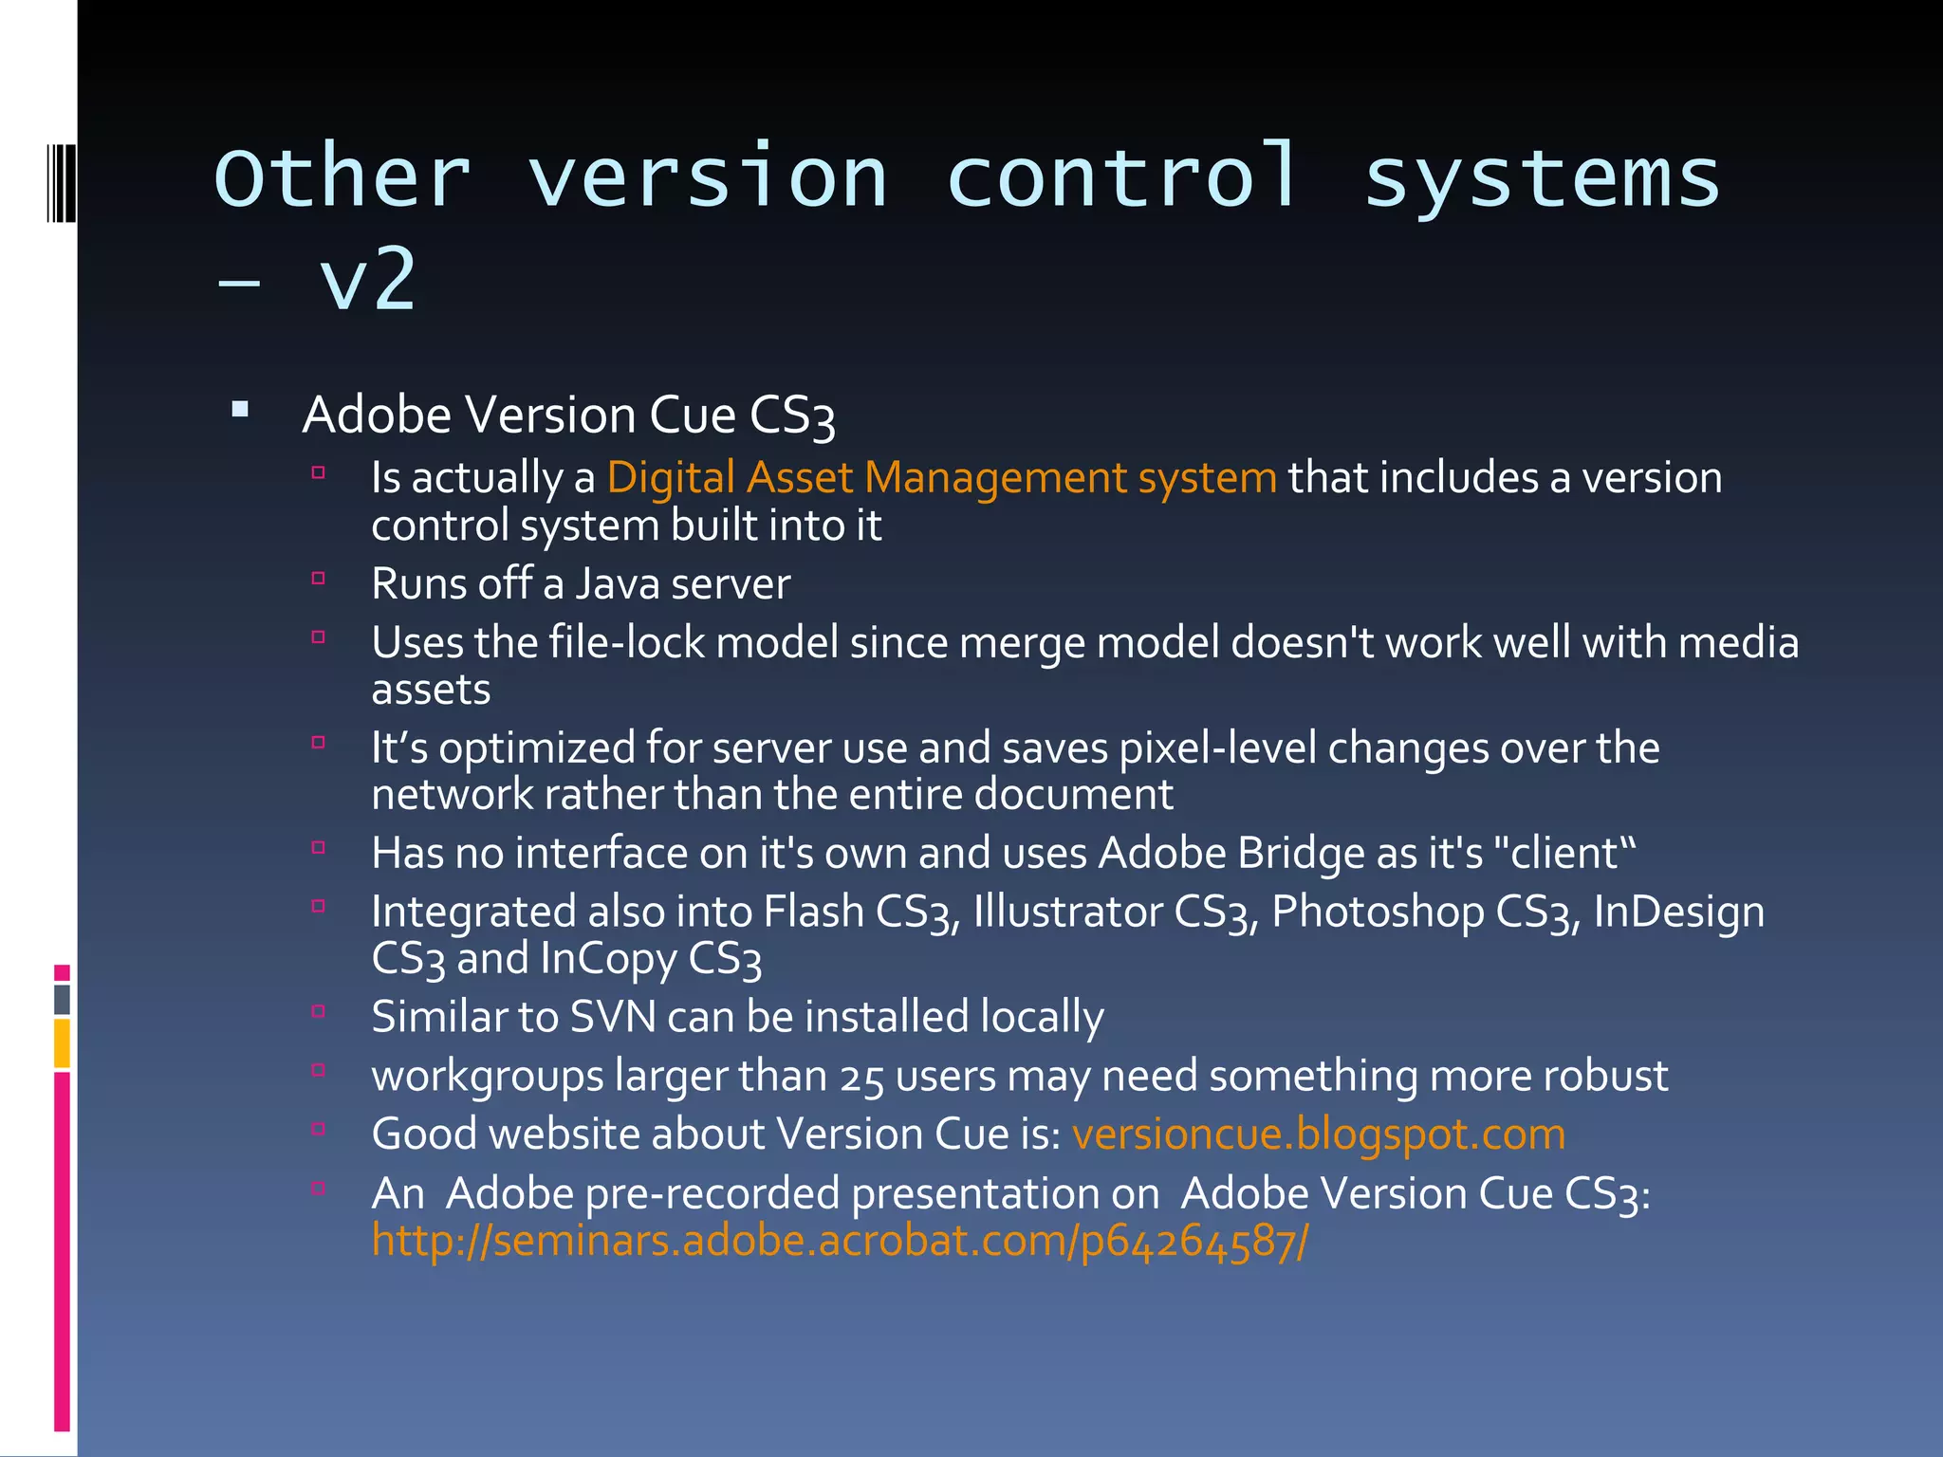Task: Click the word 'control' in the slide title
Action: point(1122,177)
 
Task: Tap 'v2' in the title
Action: point(368,280)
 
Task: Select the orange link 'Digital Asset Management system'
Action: point(941,477)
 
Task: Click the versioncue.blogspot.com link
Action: point(1318,1134)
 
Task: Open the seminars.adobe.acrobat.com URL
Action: point(840,1241)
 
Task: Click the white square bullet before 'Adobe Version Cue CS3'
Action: point(240,411)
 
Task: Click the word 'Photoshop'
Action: point(1378,912)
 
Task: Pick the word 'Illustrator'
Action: point(1067,912)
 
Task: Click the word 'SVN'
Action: point(613,1017)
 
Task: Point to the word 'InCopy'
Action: point(608,959)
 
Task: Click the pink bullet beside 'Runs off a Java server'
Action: point(319,578)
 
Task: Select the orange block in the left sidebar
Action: point(62,1042)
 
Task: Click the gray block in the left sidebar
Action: point(62,999)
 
